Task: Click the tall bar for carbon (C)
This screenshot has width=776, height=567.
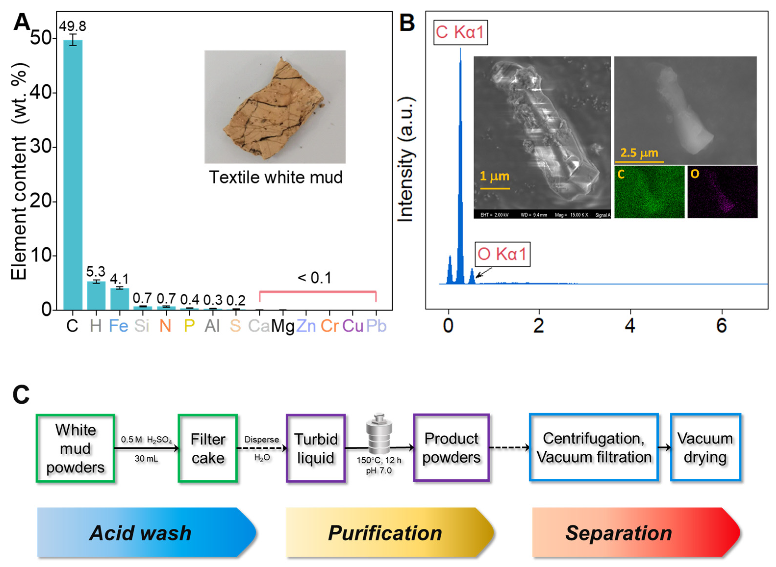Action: [73, 175]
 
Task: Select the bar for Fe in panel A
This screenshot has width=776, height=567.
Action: [119, 299]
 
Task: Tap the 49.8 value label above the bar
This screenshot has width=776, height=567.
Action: [73, 26]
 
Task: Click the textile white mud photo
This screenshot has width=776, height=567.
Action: [275, 107]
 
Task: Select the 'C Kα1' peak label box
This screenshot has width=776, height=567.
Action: [460, 33]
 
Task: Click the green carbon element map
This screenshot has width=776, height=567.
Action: [649, 192]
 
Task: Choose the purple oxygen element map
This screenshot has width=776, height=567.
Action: [722, 192]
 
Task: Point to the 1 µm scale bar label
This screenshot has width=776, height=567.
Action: [494, 176]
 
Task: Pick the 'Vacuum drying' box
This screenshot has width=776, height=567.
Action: [705, 448]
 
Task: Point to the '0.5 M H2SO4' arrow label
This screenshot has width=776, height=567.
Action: [146, 440]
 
